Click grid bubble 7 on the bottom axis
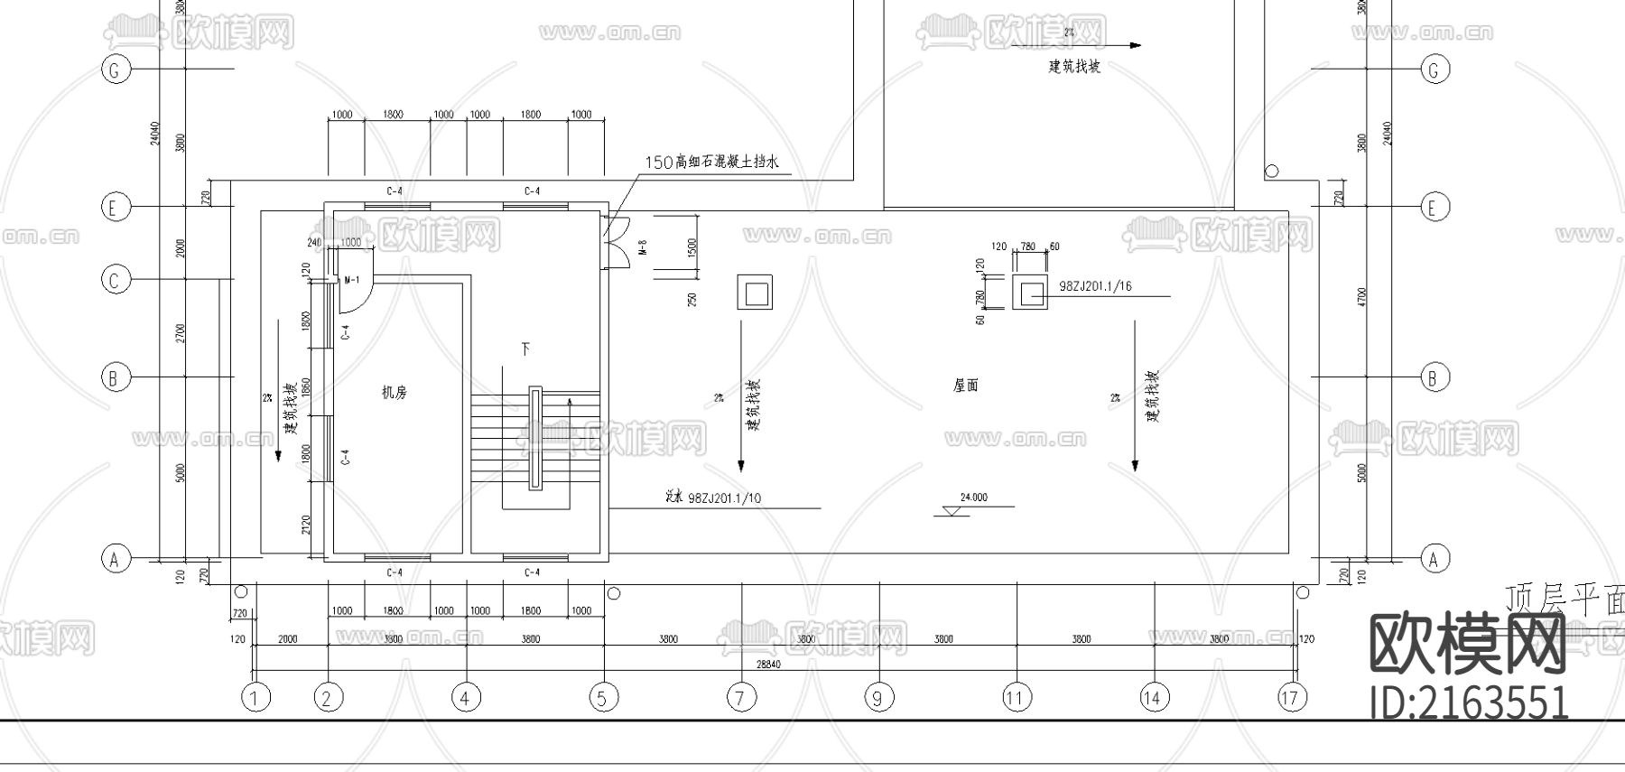(741, 697)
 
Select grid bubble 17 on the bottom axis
(1292, 697)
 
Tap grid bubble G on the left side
(115, 70)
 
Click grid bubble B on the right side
(1434, 377)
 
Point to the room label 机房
(395, 393)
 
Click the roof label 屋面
(965, 386)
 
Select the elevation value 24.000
(973, 498)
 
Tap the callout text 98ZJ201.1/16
(1095, 286)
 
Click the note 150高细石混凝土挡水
(711, 163)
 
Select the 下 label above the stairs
(525, 348)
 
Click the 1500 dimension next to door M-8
(692, 247)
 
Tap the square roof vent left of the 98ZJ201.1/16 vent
(754, 293)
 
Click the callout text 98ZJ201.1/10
(724, 498)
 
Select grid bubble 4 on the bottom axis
(466, 697)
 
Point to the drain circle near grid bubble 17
(1302, 593)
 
